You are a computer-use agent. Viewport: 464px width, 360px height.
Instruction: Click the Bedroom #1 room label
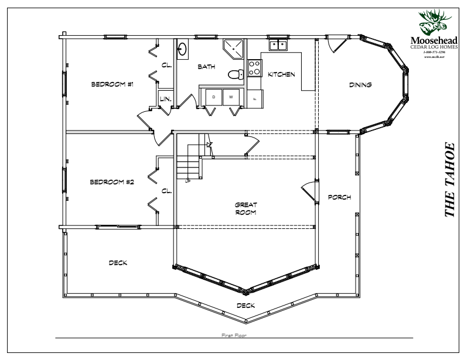click(112, 84)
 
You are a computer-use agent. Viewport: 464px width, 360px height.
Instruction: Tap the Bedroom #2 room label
click(112, 182)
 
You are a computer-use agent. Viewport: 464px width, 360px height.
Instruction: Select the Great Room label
click(246, 208)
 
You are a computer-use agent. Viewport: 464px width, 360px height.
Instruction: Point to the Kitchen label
click(281, 75)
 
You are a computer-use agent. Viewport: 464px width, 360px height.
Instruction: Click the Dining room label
click(360, 85)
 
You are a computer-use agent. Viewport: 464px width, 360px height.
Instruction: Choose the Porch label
click(339, 197)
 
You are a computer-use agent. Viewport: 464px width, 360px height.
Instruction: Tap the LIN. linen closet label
click(166, 100)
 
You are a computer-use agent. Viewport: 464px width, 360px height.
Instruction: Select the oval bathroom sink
click(183, 50)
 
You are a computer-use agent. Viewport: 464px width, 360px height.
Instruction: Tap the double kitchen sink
click(277, 44)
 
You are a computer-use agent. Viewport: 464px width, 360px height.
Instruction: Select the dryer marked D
click(214, 97)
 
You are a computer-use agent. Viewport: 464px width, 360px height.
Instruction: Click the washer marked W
click(231, 97)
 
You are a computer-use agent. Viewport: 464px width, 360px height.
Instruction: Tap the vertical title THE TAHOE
click(450, 179)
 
